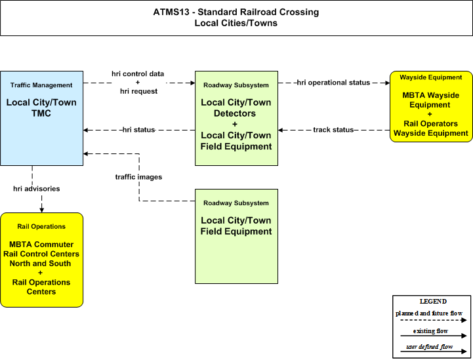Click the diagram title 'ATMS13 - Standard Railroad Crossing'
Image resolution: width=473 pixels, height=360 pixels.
236,12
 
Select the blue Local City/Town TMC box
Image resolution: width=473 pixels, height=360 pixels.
41,118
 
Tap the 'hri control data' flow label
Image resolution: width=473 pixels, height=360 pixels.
138,74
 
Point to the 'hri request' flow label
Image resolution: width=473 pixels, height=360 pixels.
139,91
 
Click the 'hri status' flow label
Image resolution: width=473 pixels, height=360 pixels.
139,130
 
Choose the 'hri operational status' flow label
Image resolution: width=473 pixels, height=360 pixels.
333,83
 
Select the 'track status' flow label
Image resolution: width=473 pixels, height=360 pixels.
333,130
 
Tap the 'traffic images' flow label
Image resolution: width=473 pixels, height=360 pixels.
138,177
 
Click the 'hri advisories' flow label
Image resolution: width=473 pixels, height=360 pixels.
37,189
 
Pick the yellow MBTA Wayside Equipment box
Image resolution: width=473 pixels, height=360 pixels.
431,106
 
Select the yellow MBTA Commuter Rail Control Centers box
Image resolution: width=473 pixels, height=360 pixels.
41,260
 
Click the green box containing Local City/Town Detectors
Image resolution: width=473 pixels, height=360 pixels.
236,118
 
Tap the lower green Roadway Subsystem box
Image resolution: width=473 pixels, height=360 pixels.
236,236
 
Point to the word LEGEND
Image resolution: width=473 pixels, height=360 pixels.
433,302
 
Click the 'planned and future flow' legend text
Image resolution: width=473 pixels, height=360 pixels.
429,313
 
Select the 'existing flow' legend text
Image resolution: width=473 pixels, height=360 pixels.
430,331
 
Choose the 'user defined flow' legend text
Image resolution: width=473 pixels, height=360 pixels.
429,347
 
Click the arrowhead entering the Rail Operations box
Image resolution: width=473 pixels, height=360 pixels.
41,210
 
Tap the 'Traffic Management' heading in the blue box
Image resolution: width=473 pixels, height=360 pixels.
41,85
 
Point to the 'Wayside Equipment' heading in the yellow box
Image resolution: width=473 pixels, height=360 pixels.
431,77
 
